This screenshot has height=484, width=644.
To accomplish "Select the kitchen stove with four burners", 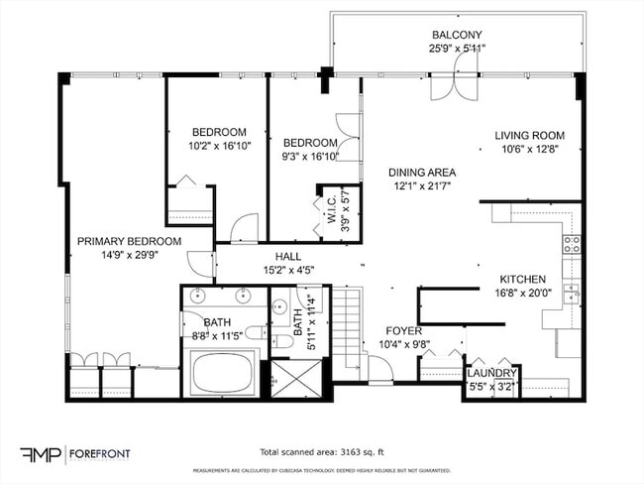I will click(x=572, y=244).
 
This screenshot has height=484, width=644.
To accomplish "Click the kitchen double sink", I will click(x=572, y=294).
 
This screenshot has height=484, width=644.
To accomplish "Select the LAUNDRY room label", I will click(x=491, y=373).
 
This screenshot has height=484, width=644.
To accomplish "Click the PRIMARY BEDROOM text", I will click(x=130, y=241).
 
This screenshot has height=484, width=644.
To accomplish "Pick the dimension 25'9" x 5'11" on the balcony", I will click(x=457, y=48).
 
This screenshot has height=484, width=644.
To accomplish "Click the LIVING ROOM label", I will click(x=530, y=136).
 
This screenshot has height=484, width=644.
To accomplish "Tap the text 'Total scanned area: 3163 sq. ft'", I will click(x=323, y=449).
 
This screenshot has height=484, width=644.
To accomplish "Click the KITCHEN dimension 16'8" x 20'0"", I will click(x=523, y=293).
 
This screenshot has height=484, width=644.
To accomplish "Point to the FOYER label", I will click(x=404, y=330).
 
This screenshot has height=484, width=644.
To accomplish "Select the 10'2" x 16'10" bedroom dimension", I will click(x=219, y=145).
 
